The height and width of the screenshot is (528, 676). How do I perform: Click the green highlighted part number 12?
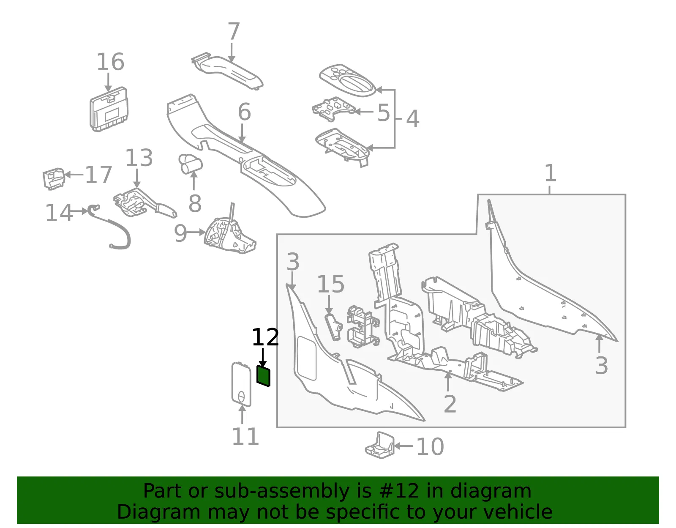pos(263,376)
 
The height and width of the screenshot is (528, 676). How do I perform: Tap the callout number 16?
pos(110,62)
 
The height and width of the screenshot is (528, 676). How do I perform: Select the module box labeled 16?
pos(109,109)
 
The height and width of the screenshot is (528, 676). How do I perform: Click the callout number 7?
pos(234,31)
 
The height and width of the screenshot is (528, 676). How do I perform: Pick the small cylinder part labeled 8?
pos(191,164)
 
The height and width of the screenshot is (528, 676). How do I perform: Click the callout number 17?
pos(98,175)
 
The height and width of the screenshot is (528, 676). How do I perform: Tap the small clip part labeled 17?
pos(54,178)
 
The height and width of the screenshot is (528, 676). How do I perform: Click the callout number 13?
pos(139,157)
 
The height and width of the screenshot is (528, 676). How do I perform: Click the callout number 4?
pos(412,118)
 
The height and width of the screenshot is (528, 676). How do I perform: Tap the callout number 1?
pos(551,173)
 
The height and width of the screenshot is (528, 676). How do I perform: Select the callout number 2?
pos(450,404)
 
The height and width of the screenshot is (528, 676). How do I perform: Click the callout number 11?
pos(245,437)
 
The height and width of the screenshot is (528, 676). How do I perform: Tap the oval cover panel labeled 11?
pos(241,384)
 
